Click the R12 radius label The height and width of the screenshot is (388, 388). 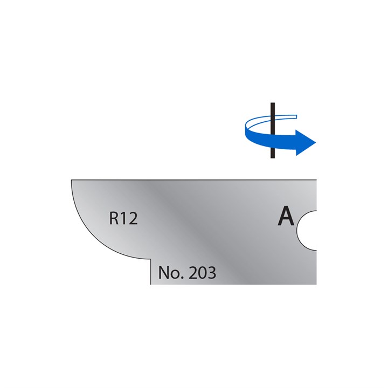(123, 219)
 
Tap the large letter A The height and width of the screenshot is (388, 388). (286, 217)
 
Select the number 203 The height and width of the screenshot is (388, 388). (201, 273)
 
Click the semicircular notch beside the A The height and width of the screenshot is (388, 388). (308, 231)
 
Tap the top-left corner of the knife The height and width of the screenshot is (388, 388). (72, 180)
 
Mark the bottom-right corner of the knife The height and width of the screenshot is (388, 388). (316, 284)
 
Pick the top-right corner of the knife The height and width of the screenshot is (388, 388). (316, 180)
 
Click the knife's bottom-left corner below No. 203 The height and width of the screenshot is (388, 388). (151, 284)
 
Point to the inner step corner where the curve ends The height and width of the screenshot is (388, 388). (150, 258)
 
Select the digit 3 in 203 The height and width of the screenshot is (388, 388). (211, 273)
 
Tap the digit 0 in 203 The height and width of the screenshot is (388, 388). (201, 273)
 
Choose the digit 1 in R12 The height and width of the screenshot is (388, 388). (124, 219)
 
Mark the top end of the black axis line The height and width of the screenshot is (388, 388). (273, 103)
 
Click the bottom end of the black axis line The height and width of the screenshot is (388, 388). (273, 157)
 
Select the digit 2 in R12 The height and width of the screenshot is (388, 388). (133, 219)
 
